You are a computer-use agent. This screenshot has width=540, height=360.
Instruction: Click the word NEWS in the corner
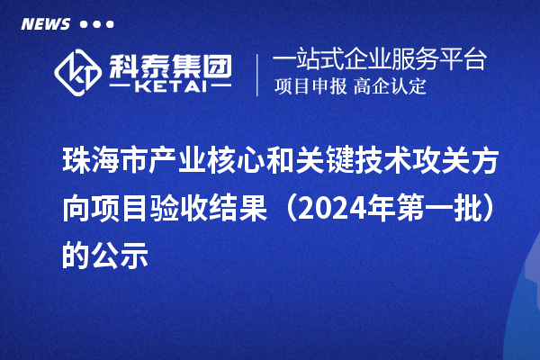[45, 23]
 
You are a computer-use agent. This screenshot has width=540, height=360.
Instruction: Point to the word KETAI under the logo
[172, 86]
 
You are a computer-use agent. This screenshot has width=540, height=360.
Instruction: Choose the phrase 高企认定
[388, 87]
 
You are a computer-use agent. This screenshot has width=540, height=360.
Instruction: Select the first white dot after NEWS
[84, 24]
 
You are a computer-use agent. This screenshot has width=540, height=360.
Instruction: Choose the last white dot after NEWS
[110, 24]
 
